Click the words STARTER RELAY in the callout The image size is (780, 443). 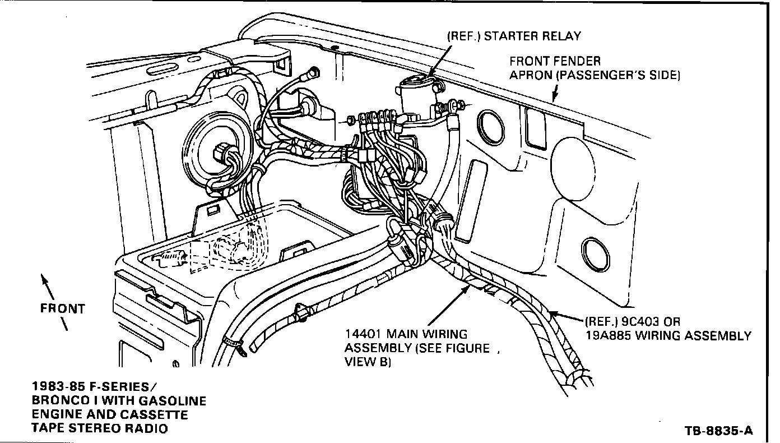(532, 36)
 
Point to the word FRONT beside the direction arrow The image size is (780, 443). (62, 309)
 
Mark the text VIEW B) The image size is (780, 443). (368, 362)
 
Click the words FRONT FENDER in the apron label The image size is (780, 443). (555, 61)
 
